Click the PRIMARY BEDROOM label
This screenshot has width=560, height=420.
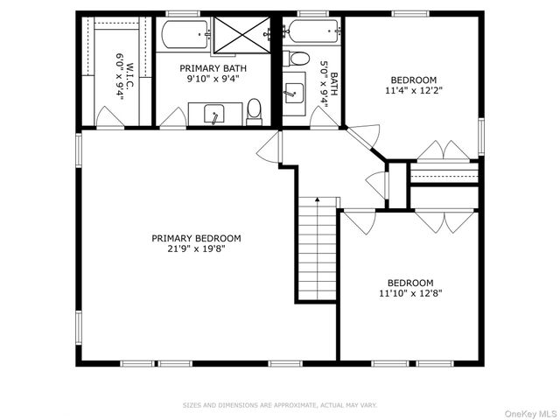[x=196, y=238]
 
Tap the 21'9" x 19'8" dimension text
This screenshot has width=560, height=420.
[x=196, y=248]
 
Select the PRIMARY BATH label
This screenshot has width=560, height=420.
[x=213, y=68]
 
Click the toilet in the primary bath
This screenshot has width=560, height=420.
[x=254, y=112]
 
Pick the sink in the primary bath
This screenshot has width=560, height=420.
[x=214, y=115]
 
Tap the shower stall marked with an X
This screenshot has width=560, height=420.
[x=241, y=35]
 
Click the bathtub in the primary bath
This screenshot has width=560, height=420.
[x=185, y=35]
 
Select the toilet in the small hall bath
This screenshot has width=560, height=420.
[x=296, y=59]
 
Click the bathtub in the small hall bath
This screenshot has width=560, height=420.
[x=313, y=31]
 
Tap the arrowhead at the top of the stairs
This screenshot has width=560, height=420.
[x=317, y=199]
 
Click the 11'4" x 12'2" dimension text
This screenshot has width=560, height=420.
[x=414, y=90]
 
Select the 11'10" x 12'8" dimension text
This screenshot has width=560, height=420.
[x=410, y=294]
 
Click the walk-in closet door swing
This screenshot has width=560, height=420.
[x=110, y=116]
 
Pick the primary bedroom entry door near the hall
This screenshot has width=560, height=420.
[x=269, y=148]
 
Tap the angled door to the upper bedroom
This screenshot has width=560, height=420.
[x=363, y=136]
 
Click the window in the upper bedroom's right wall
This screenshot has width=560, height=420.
[x=481, y=136]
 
